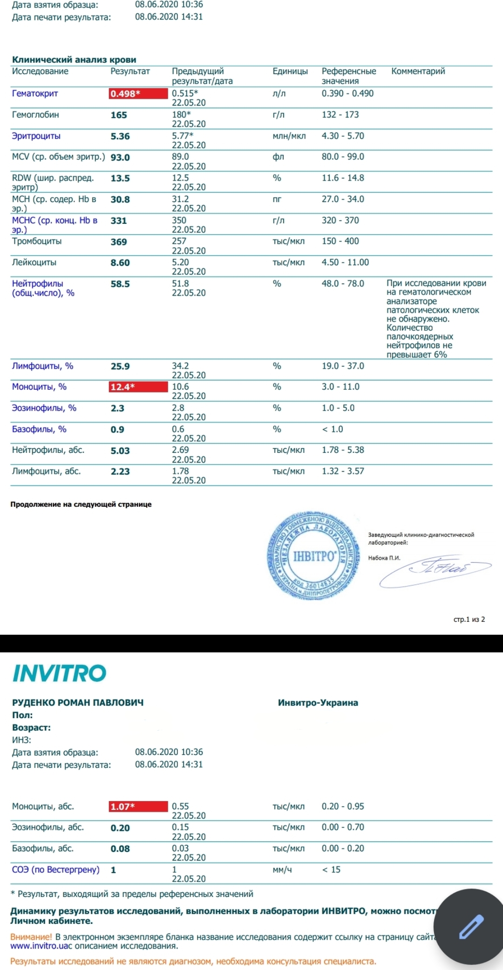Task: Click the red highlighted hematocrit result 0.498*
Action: pyautogui.click(x=138, y=94)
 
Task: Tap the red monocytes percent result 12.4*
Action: pyautogui.click(x=138, y=387)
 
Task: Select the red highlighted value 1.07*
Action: pyautogui.click(x=138, y=807)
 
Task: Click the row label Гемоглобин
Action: pyautogui.click(x=35, y=115)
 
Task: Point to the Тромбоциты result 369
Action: pyautogui.click(x=119, y=242)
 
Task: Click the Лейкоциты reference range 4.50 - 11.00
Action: pyautogui.click(x=345, y=263)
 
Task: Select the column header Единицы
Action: pyautogui.click(x=290, y=71)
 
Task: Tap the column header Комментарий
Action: pyautogui.click(x=418, y=71)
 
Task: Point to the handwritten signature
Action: pyautogui.click(x=435, y=571)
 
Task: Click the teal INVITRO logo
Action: pyautogui.click(x=60, y=673)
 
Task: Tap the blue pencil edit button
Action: pyautogui.click(x=471, y=926)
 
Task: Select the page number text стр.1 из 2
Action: pyautogui.click(x=469, y=620)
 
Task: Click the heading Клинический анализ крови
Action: pyautogui.click(x=74, y=60)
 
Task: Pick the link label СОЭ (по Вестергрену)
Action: pyautogui.click(x=56, y=869)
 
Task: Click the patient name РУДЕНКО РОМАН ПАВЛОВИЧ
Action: pyautogui.click(x=78, y=702)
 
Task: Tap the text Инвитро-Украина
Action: pyautogui.click(x=318, y=703)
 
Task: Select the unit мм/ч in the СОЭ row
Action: pyautogui.click(x=282, y=869)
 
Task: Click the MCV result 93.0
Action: pyautogui.click(x=120, y=157)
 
